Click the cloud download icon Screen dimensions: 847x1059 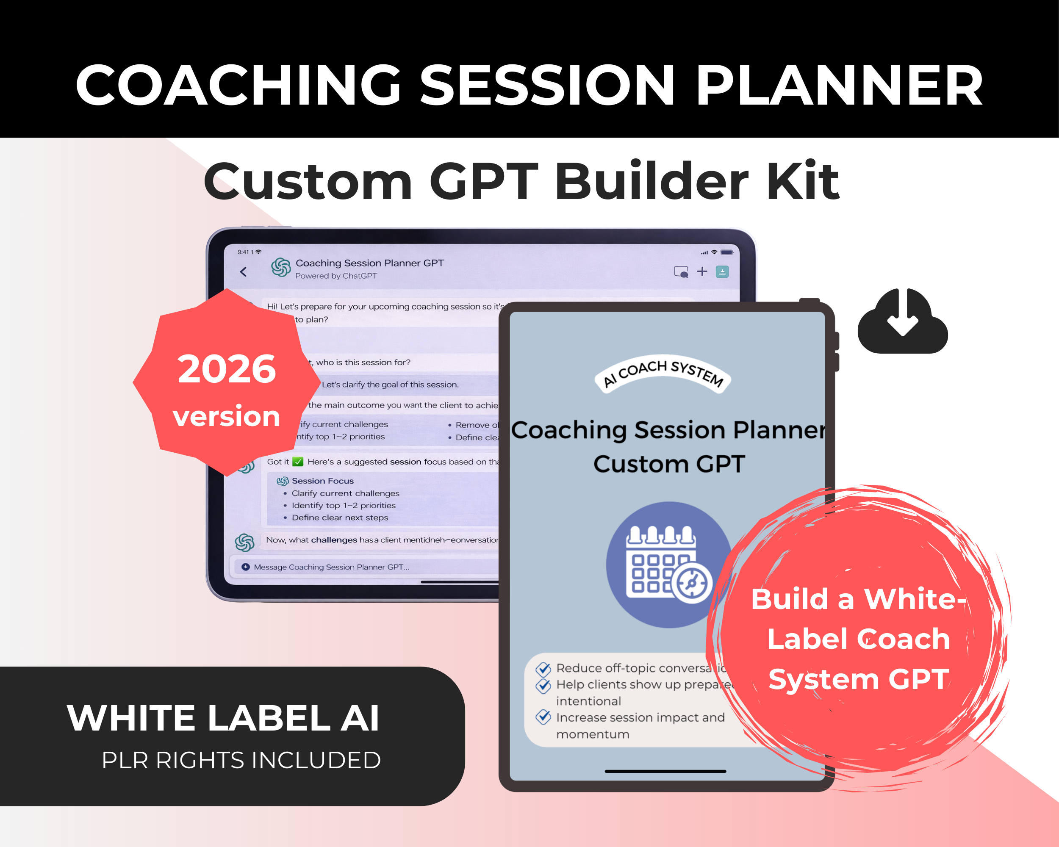click(902, 321)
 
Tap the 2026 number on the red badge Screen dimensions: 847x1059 click(227, 369)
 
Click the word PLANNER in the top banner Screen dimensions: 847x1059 click(839, 86)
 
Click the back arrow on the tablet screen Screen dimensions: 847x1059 click(243, 271)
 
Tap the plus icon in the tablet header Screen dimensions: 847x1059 click(702, 271)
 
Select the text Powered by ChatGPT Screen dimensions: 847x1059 click(336, 276)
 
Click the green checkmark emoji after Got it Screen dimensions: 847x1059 click(298, 462)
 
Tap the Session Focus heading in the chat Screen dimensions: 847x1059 click(322, 481)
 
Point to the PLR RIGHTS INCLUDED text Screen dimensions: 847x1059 click(241, 760)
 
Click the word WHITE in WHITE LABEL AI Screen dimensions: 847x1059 click(132, 718)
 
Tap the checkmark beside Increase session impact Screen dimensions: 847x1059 click(543, 717)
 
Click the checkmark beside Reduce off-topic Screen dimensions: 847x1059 click(543, 669)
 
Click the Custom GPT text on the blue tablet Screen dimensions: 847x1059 click(669, 464)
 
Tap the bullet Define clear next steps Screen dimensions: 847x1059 click(339, 518)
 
